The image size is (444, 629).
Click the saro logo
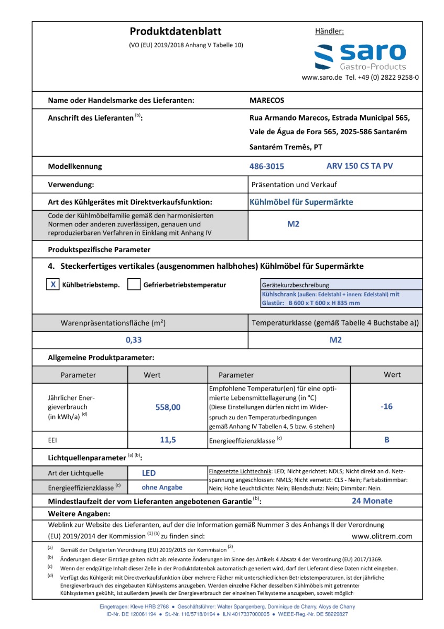click(360, 56)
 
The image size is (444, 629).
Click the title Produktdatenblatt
click(176, 31)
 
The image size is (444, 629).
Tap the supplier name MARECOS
click(267, 100)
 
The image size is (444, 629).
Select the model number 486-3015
click(267, 167)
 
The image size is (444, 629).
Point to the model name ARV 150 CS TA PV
click(360, 166)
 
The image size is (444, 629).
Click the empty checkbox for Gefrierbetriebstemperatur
click(134, 285)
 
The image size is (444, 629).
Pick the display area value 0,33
click(134, 340)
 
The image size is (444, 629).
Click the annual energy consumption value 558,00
click(168, 407)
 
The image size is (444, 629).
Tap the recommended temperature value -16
click(386, 406)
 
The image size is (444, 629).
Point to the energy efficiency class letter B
click(387, 440)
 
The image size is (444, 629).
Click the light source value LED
click(149, 473)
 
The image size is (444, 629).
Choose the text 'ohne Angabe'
click(162, 487)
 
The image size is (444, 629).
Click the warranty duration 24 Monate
click(372, 501)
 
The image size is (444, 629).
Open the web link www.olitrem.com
click(382, 536)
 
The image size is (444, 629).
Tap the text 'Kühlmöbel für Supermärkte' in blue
click(301, 202)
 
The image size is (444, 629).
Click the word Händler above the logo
click(329, 31)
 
